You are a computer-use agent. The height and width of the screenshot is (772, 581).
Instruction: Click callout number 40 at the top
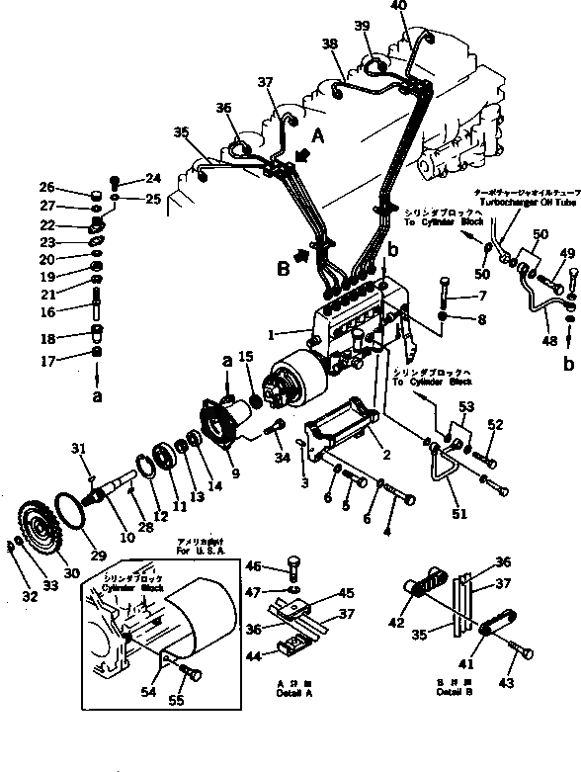pyautogui.click(x=398, y=7)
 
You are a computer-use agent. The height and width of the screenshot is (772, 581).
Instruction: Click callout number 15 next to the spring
pyautogui.click(x=246, y=356)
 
